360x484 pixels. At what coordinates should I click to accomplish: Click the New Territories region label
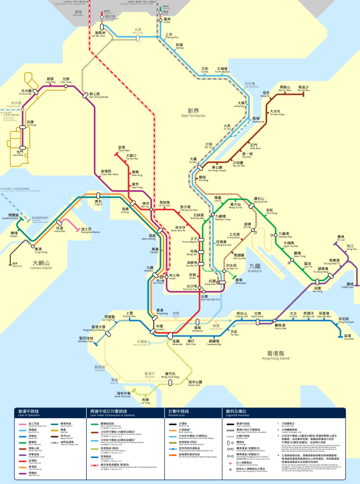tap(193, 113)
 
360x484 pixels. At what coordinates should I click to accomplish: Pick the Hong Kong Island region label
tap(276, 356)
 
